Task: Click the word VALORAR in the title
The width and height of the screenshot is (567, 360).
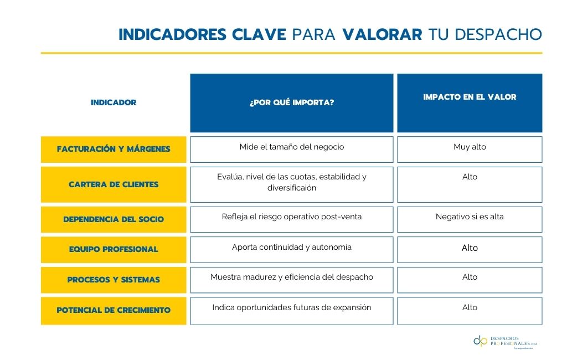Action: (x=382, y=34)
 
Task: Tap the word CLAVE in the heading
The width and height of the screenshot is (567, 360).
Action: (x=259, y=34)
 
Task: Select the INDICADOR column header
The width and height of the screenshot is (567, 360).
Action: (x=114, y=102)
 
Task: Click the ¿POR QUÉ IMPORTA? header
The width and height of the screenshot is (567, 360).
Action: (x=291, y=103)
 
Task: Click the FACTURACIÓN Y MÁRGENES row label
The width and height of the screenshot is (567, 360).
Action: (x=114, y=149)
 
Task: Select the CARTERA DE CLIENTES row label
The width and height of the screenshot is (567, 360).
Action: (x=114, y=184)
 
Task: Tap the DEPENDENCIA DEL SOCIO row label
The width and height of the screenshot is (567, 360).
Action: (x=114, y=219)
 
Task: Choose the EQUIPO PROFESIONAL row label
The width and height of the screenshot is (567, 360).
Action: (x=114, y=249)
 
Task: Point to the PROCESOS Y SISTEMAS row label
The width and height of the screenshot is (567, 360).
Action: (x=114, y=280)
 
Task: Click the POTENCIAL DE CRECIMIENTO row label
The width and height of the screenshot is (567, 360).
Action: (x=114, y=311)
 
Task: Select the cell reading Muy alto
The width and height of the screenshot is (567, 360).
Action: (x=470, y=149)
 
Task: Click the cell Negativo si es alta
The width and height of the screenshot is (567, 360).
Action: (x=470, y=219)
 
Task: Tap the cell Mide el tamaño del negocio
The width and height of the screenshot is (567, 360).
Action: (x=291, y=149)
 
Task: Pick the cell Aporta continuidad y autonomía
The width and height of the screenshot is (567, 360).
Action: (x=291, y=249)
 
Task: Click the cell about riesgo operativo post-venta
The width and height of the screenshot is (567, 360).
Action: (x=291, y=219)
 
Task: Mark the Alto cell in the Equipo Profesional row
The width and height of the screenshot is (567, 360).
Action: (x=470, y=249)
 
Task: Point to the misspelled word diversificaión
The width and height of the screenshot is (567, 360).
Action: (x=291, y=188)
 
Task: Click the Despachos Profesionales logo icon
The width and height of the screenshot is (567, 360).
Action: (x=480, y=341)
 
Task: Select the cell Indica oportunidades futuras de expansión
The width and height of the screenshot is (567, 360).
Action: (x=291, y=311)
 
